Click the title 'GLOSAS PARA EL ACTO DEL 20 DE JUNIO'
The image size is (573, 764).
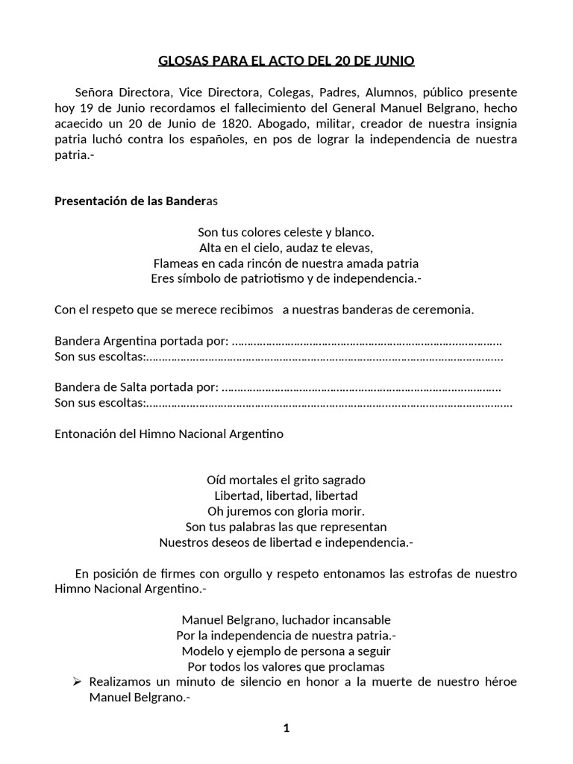(286, 60)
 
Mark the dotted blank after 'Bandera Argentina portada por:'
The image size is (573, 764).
(366, 342)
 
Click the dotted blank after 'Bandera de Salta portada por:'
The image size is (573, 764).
(361, 388)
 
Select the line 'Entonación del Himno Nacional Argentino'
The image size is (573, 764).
(169, 434)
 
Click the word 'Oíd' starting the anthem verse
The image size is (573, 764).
(216, 480)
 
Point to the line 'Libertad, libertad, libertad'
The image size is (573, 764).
(286, 495)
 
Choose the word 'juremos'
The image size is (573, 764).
(247, 511)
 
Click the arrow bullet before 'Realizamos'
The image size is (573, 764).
(75, 682)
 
